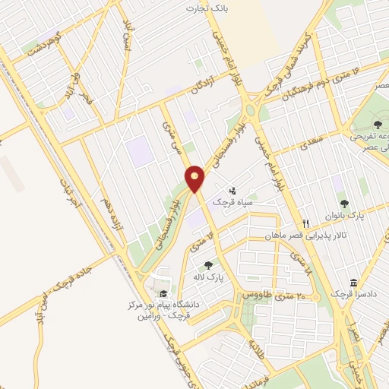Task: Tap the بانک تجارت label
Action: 207,8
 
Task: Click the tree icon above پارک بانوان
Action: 344,204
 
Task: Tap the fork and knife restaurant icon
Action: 306,223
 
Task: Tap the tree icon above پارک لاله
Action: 208,265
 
